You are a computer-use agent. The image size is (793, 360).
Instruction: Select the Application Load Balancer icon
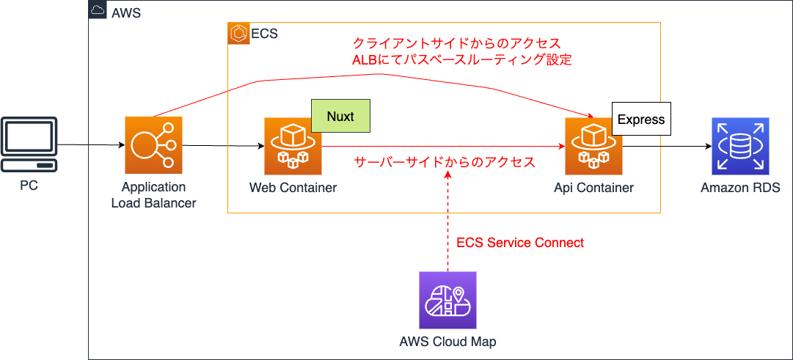153,145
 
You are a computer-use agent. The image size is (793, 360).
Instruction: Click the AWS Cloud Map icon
447,300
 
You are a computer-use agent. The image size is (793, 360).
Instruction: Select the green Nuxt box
340,117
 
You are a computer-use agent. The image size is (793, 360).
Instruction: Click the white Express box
641,119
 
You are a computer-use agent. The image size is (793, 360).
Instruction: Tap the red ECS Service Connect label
520,243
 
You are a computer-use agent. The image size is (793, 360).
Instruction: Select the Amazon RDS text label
740,188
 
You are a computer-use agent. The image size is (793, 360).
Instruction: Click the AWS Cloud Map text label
447,342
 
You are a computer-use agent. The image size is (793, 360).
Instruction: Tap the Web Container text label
293,188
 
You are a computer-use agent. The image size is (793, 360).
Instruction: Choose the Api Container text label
593,188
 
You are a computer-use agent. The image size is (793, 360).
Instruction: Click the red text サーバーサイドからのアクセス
445,162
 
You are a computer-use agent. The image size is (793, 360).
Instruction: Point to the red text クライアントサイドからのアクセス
456,43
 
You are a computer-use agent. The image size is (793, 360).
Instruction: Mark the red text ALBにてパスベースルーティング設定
462,60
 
